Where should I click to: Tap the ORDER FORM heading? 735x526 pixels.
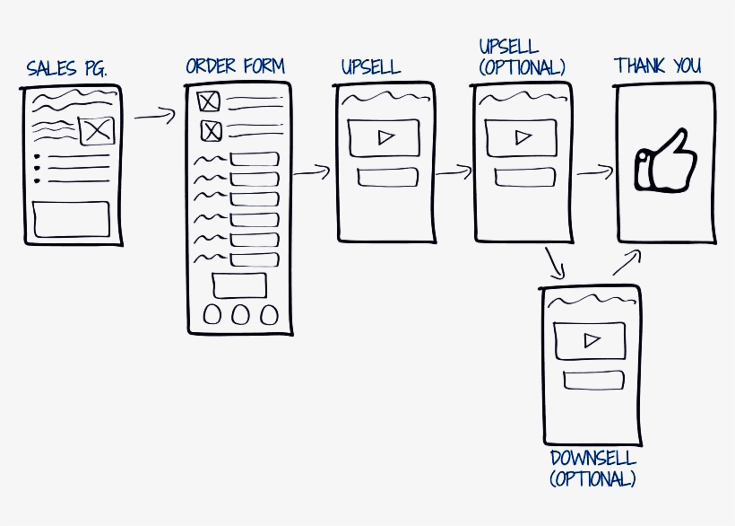(235, 66)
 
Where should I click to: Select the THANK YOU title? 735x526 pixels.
(657, 66)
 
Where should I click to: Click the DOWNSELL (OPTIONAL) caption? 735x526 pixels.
(592, 468)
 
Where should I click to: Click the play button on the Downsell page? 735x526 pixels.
(591, 340)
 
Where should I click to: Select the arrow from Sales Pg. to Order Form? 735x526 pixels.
(154, 115)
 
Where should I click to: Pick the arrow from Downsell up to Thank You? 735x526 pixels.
(627, 262)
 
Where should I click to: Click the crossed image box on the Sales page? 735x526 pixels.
(96, 130)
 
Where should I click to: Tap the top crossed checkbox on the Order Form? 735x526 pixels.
(208, 101)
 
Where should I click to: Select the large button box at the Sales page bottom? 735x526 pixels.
(71, 218)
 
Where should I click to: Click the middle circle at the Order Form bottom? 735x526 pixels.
(240, 314)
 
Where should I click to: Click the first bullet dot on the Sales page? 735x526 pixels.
(37, 157)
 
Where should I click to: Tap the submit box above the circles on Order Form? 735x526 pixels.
(238, 285)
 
